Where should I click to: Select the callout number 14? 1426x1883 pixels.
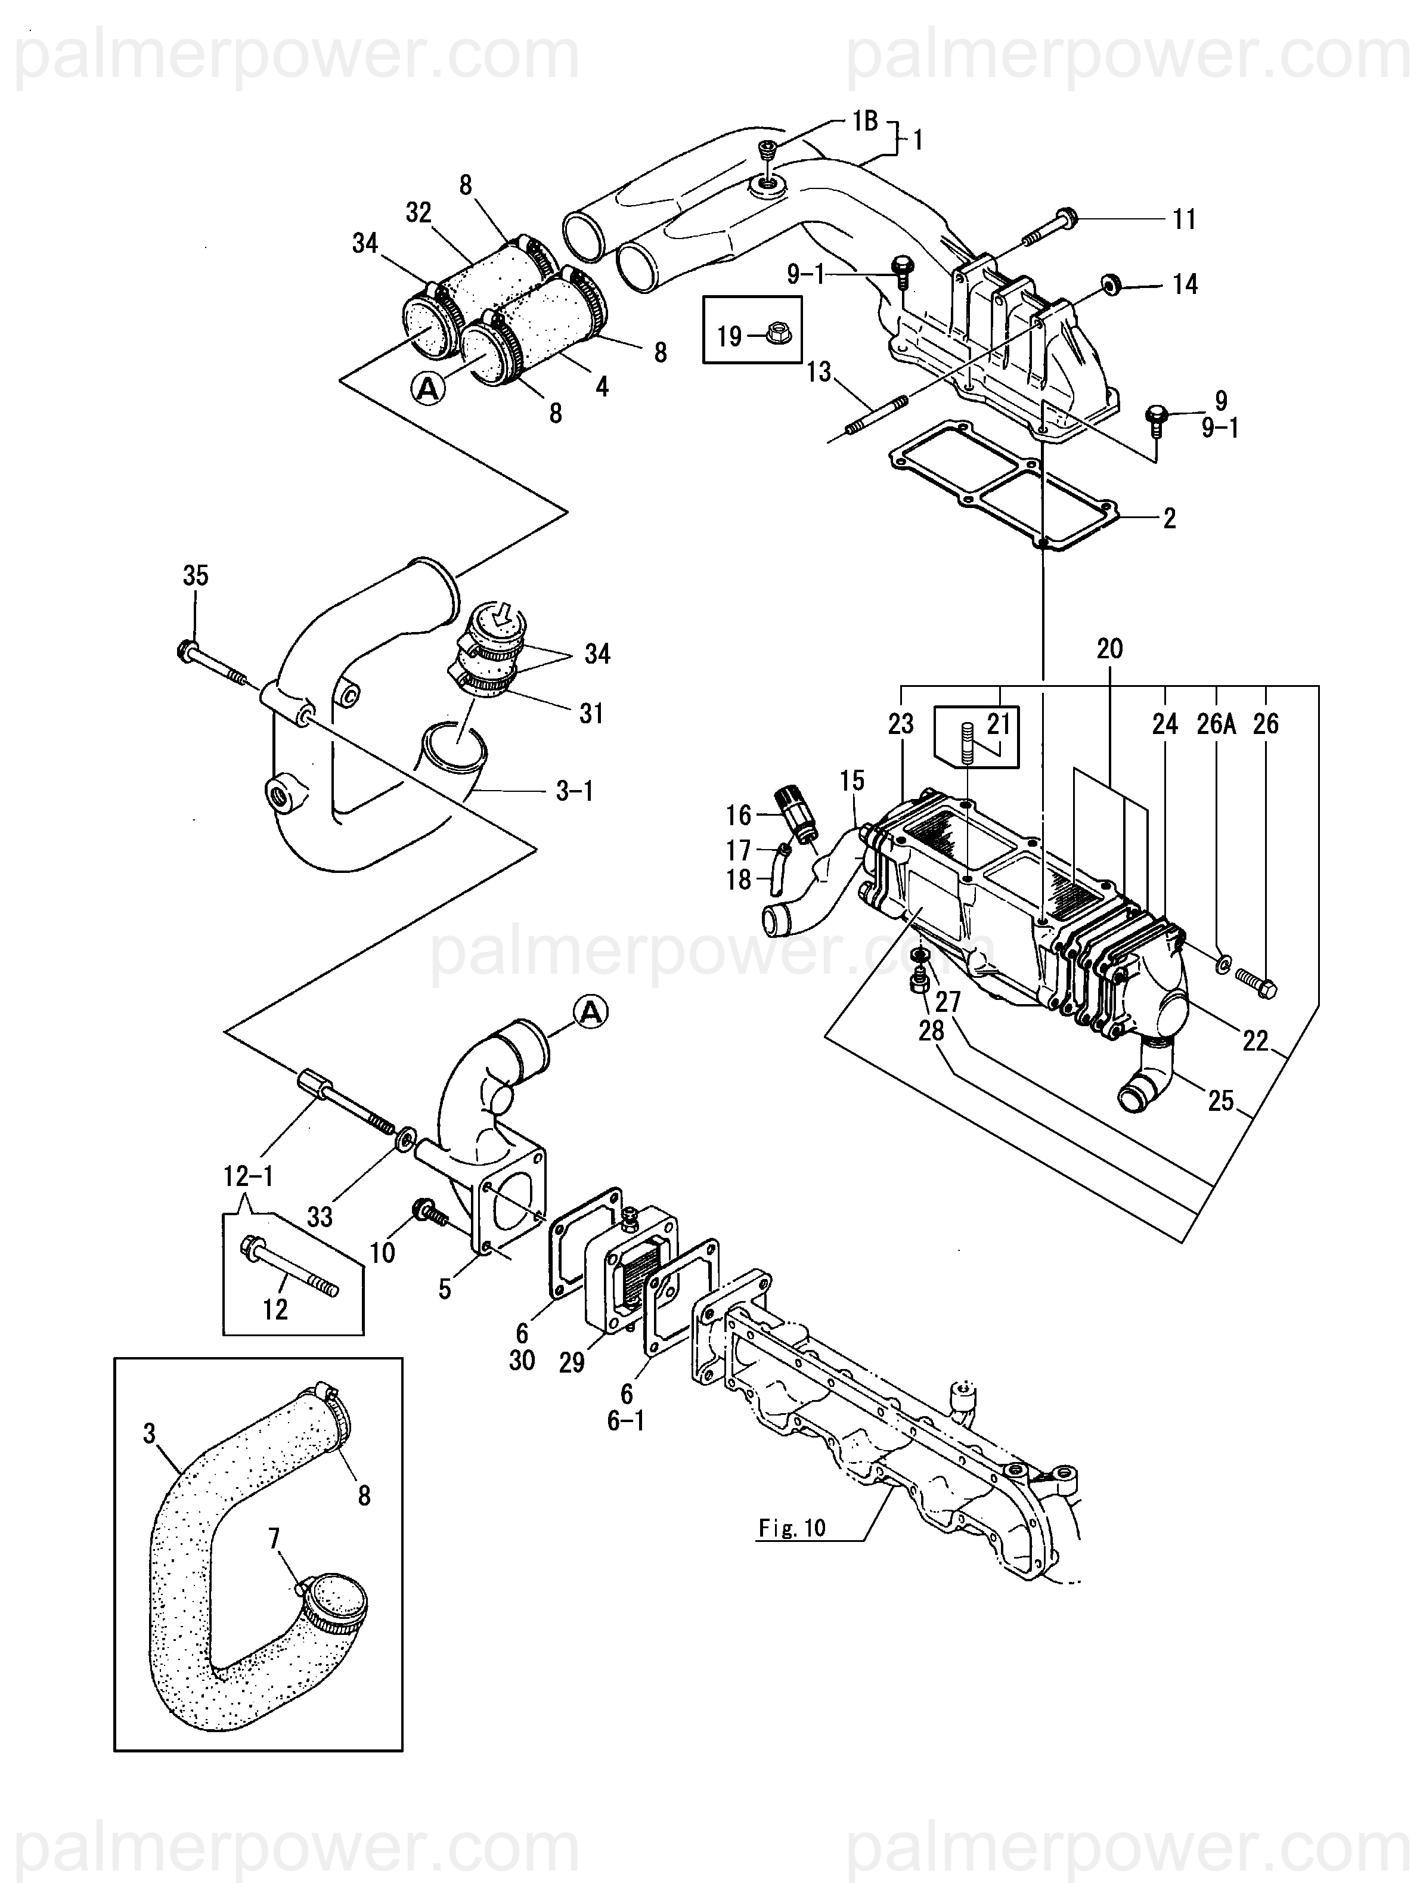1186,284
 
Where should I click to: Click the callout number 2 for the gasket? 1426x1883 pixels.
1170,518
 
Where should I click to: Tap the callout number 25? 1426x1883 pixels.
1221,1101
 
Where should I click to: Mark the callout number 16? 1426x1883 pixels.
739,816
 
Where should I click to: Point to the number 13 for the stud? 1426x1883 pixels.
819,372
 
